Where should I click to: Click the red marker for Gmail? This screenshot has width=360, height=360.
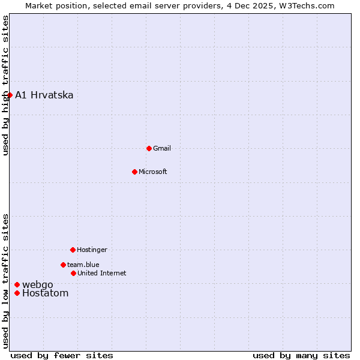tap(149, 148)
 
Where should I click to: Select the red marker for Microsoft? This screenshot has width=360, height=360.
tap(134, 172)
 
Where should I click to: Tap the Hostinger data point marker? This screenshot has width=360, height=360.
tap(73, 250)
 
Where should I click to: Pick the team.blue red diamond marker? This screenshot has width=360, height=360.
tap(63, 265)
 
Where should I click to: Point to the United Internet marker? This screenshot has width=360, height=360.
tap(73, 273)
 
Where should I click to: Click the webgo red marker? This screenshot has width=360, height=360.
tap(17, 284)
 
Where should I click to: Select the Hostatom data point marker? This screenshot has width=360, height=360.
tap(17, 293)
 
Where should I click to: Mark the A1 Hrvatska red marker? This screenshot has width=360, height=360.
tap(10, 95)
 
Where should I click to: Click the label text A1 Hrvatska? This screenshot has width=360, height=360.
tap(44, 95)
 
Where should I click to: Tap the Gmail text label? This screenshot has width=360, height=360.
tap(162, 148)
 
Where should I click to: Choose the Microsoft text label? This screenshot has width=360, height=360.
tap(153, 172)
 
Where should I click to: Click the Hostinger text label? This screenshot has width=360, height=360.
tap(92, 250)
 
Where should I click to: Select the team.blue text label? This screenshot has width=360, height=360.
tap(83, 265)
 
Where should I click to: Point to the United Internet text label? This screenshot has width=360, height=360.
tap(102, 273)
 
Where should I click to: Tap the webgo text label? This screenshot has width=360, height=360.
tap(38, 284)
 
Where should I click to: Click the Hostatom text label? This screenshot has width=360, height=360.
tap(46, 293)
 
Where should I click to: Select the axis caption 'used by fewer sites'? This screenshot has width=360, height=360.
tap(62, 355)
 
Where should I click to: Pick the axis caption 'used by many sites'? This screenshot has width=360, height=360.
tap(301, 355)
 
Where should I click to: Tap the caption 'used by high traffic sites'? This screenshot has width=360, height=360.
tap(5, 85)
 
